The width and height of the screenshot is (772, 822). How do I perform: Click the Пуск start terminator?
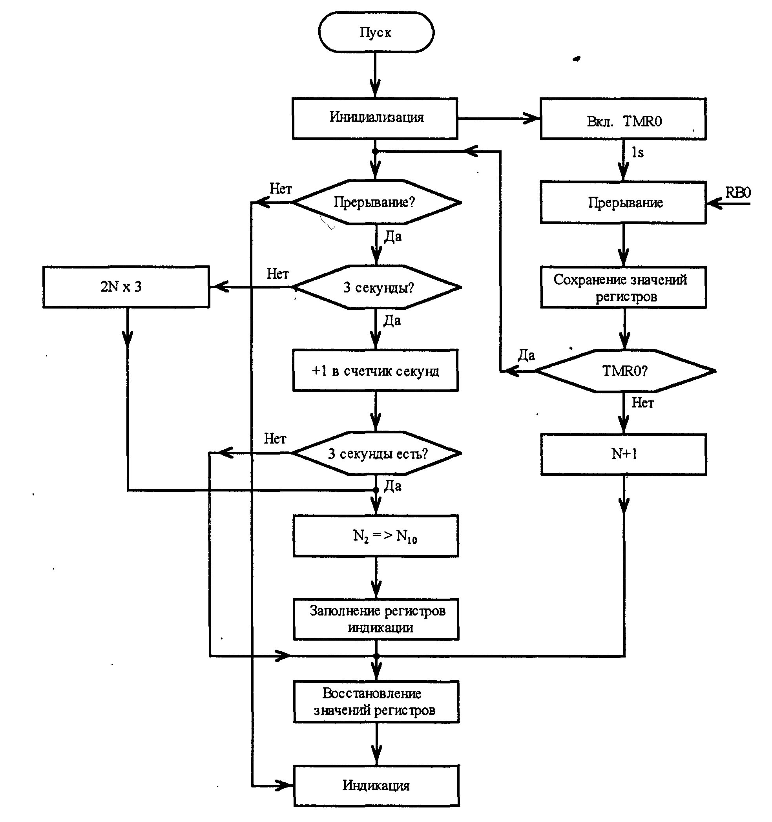click(376, 32)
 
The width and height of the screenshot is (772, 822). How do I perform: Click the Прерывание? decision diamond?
click(376, 202)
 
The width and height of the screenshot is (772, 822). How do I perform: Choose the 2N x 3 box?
click(126, 287)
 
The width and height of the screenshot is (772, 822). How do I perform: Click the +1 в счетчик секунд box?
click(376, 371)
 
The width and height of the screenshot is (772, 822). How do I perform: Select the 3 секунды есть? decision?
click(376, 453)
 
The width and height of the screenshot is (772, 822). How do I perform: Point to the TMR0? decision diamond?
click(624, 371)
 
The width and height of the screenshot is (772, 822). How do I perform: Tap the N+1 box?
click(624, 455)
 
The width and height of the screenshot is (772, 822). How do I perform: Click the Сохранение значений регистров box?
click(624, 287)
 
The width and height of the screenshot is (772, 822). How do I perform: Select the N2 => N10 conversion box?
click(376, 536)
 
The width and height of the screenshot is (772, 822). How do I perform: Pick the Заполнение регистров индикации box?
click(376, 619)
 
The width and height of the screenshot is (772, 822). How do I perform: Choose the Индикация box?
click(376, 785)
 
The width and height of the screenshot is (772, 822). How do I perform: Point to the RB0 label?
click(738, 193)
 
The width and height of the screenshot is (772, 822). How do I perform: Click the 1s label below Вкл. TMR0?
click(638, 153)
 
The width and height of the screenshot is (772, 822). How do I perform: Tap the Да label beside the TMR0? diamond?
click(526, 355)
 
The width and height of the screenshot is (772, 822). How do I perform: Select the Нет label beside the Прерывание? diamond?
click(281, 189)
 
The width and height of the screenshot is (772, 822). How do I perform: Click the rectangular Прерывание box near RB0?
click(624, 203)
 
